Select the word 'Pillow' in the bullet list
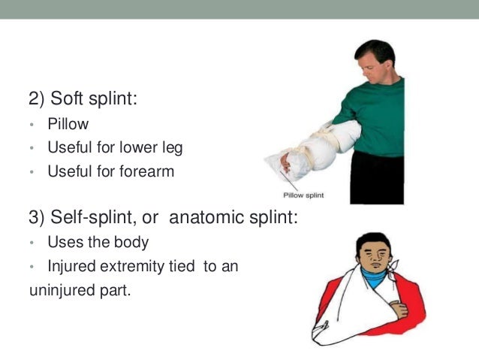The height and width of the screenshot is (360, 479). (x=68, y=125)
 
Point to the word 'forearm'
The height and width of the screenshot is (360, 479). (x=147, y=171)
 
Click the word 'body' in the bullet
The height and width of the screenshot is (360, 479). (x=131, y=243)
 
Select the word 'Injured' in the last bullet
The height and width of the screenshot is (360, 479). (x=71, y=266)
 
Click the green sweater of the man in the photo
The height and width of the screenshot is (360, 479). (x=375, y=113)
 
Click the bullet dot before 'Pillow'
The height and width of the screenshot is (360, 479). (x=33, y=126)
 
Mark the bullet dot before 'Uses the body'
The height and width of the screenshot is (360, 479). (x=33, y=244)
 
